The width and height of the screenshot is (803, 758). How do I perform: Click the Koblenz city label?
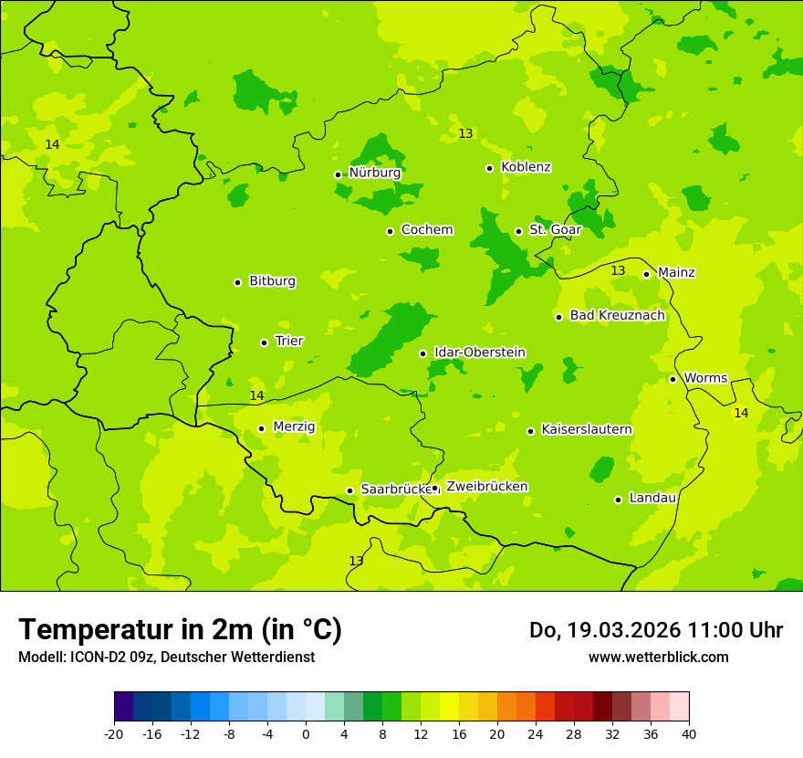coord(526,167)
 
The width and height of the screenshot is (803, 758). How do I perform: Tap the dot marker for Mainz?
coord(646,274)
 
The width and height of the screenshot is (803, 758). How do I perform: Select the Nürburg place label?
coord(374,173)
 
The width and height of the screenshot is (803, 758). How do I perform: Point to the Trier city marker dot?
coord(264,342)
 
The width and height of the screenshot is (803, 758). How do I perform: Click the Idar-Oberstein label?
coord(479,353)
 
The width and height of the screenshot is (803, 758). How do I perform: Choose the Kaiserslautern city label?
coord(586,429)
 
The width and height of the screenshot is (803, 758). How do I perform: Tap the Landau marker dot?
coord(618,500)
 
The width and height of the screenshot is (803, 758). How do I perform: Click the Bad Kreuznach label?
coord(617,316)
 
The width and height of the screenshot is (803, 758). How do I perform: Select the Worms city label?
coord(704,378)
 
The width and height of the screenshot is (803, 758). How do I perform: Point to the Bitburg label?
coord(272,281)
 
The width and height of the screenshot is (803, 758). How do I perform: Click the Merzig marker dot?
coord(261,428)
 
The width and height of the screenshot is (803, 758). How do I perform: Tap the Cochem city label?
coord(426,230)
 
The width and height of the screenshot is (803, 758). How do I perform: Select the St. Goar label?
coord(555,230)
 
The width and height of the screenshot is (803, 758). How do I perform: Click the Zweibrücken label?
coord(486,487)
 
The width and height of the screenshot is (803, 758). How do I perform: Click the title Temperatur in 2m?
coord(180,630)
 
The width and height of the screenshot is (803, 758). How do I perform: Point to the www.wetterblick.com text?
coord(658,657)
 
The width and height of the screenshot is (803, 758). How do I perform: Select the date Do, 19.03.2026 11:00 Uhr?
coord(655,630)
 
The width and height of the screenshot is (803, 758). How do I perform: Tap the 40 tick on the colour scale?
coord(688,734)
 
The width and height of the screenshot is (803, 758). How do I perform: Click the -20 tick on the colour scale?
coord(114,734)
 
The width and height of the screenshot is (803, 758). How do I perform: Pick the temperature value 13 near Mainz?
coord(618,271)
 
